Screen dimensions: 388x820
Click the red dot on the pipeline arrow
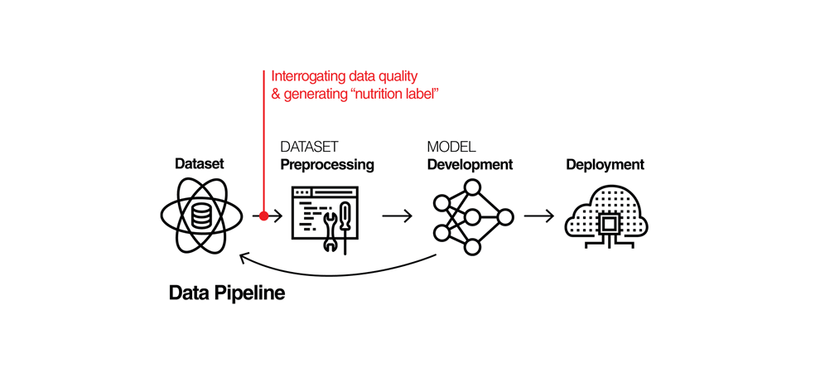coord(263,216)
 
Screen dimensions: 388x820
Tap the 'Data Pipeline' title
coord(226,293)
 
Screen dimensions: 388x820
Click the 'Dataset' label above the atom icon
coord(200,164)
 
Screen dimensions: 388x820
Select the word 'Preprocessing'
coord(327,164)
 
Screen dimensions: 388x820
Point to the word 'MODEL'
coord(451,147)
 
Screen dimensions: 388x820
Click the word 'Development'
coord(470,164)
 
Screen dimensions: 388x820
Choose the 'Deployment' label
coord(605,164)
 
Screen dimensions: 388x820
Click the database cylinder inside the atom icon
coord(200,216)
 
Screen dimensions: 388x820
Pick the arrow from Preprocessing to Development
coord(398,216)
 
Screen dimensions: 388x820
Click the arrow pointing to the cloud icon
coord(539,216)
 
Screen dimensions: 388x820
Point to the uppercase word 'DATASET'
coord(309,147)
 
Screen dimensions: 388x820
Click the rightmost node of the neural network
coord(505,217)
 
